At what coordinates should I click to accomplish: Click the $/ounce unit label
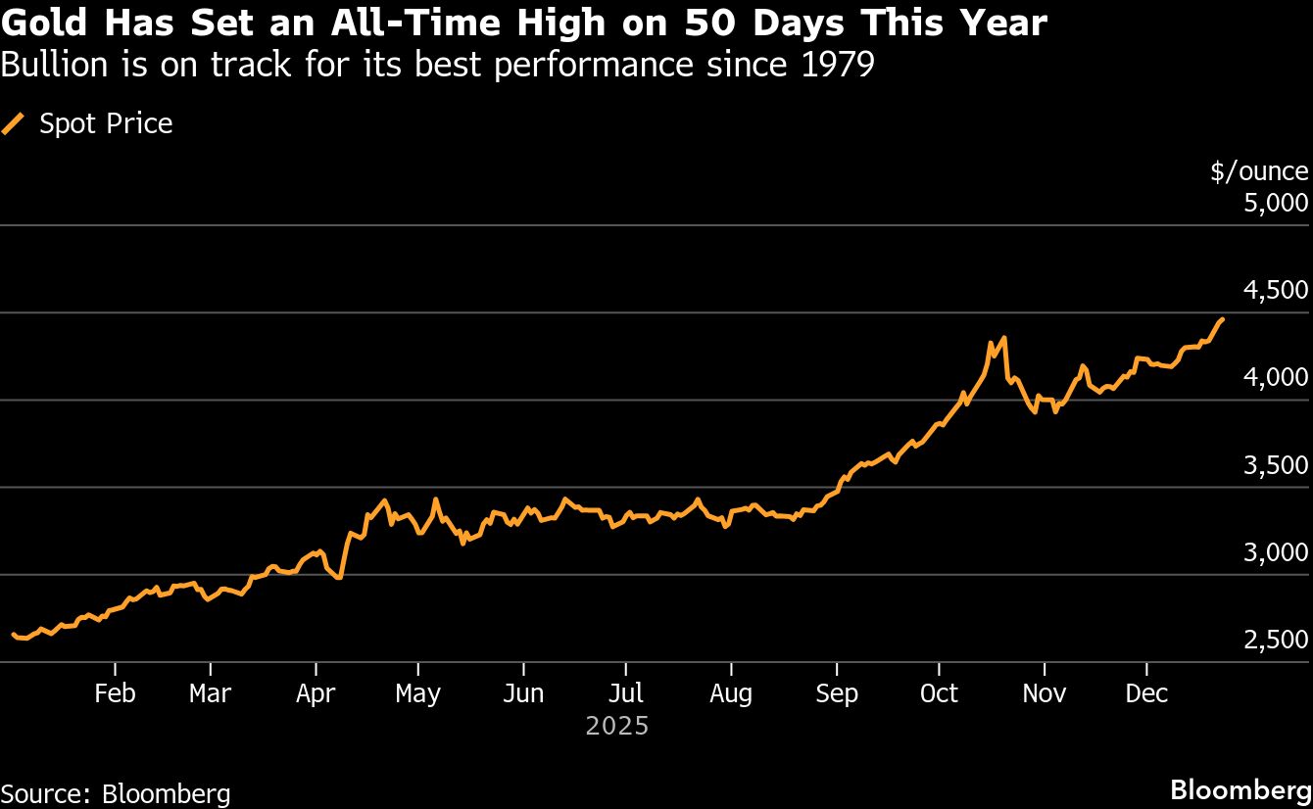tap(1259, 171)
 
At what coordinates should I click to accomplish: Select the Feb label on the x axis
tap(115, 693)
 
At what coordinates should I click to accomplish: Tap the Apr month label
tap(316, 693)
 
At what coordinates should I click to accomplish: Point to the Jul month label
tap(625, 693)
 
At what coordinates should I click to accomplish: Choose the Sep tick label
tap(836, 693)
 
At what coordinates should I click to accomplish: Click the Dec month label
tap(1146, 693)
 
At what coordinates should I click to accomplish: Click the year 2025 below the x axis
tap(617, 726)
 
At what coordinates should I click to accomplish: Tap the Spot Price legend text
tap(106, 124)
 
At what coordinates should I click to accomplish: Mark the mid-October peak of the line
tap(1004, 338)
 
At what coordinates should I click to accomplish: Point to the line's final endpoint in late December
tap(1221, 319)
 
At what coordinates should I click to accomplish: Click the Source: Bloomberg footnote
tap(116, 793)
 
